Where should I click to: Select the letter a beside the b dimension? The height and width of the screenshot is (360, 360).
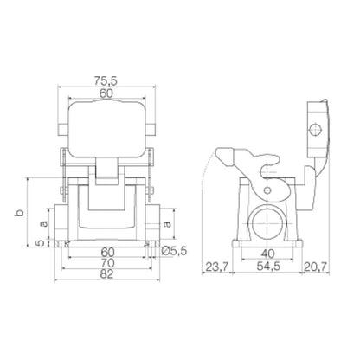point(44,223)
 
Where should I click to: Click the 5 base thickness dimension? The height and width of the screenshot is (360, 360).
point(44,243)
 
